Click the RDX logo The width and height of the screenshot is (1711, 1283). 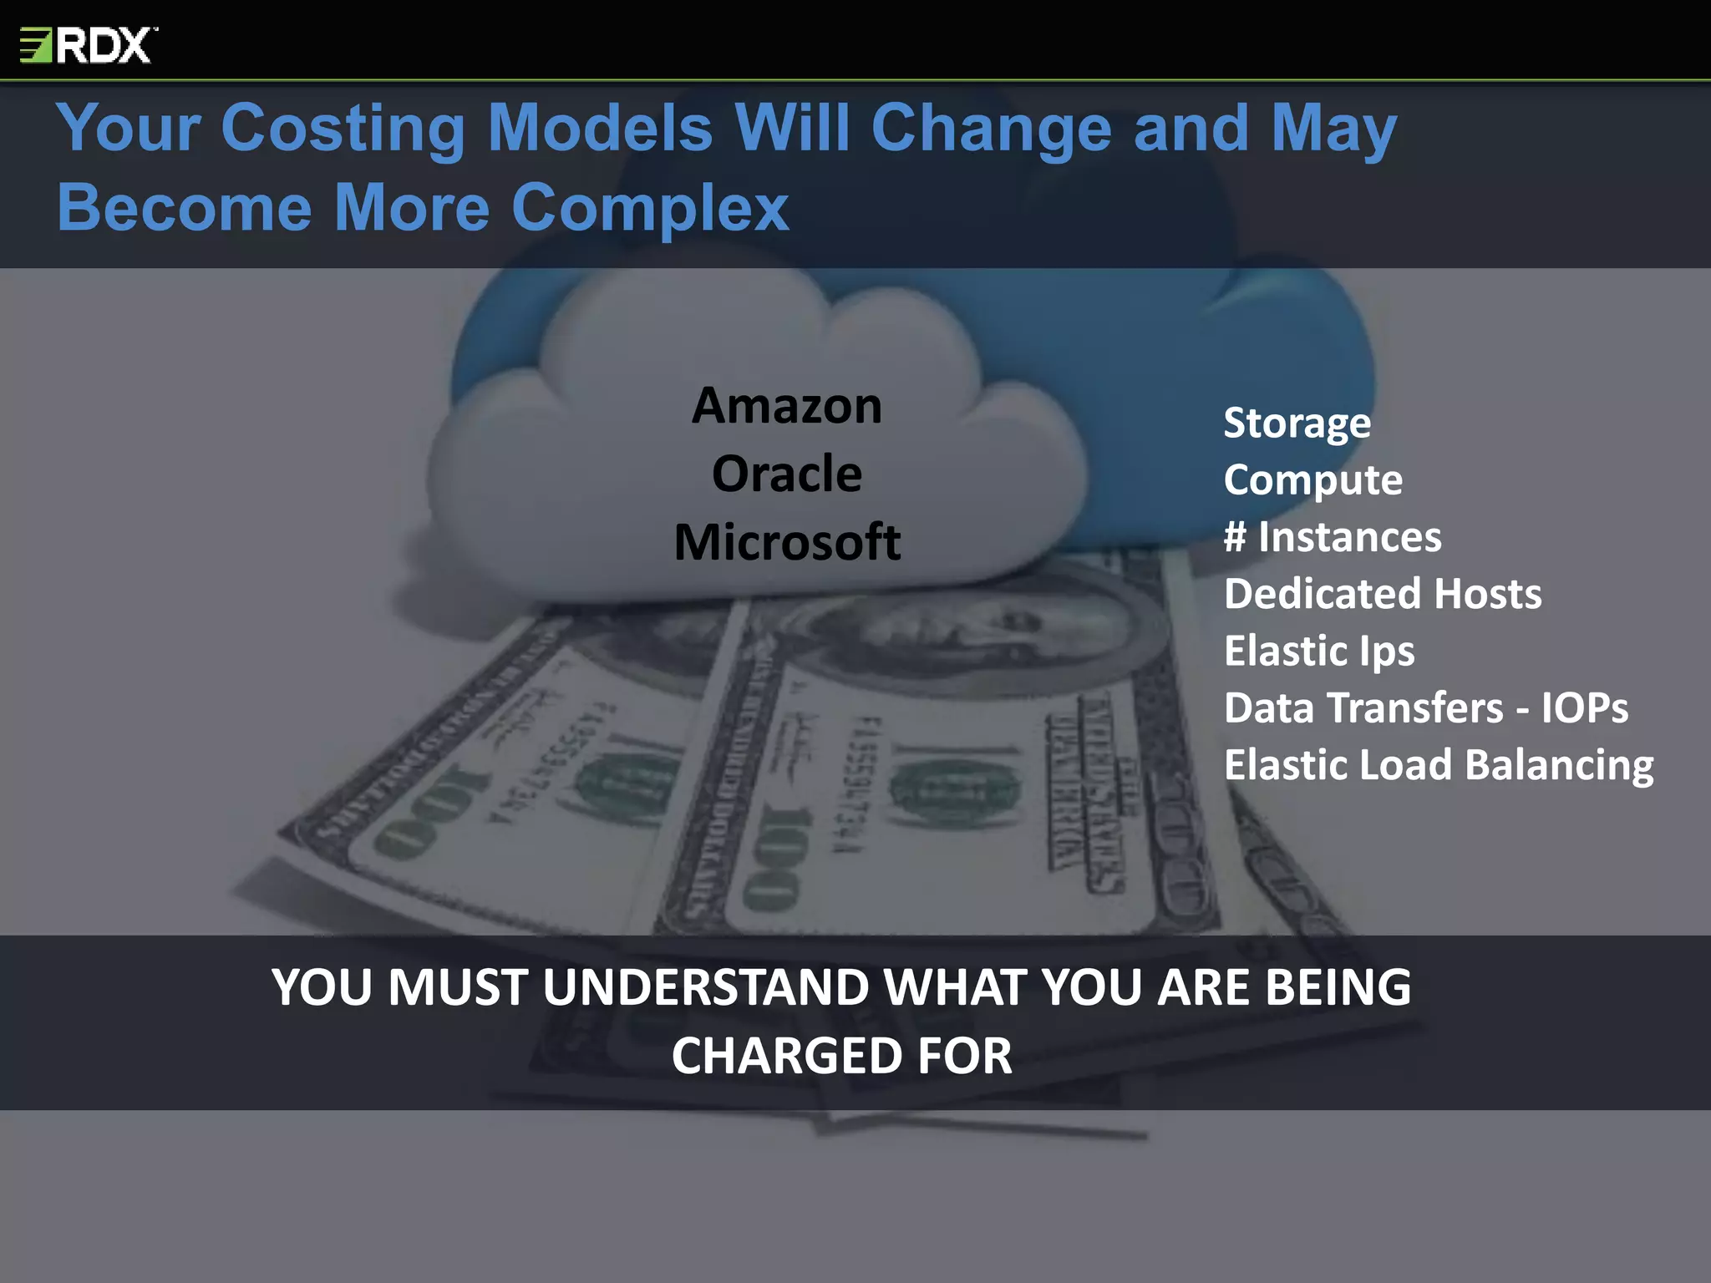click(x=89, y=45)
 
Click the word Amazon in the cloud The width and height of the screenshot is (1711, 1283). click(x=787, y=407)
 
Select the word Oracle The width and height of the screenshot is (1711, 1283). click(x=787, y=474)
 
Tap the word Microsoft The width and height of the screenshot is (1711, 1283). click(x=787, y=542)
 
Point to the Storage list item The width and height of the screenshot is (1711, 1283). click(x=1297, y=423)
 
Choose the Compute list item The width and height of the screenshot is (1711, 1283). click(x=1312, y=480)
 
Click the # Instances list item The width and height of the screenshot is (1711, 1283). click(x=1333, y=537)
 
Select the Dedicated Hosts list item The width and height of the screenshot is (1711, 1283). click(x=1383, y=594)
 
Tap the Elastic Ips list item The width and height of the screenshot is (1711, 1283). click(x=1319, y=652)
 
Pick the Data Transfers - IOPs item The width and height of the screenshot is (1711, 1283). click(x=1426, y=708)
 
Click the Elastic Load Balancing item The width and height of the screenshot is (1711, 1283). click(x=1439, y=765)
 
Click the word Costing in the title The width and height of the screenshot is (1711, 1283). click(x=343, y=129)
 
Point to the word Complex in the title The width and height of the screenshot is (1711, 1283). click(x=650, y=208)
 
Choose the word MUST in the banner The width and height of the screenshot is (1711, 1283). click(x=458, y=987)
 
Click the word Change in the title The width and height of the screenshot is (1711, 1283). click(x=991, y=129)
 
